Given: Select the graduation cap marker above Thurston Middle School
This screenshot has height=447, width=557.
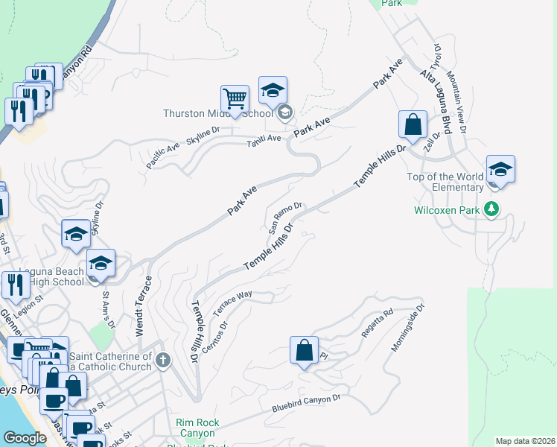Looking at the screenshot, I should click(273, 91).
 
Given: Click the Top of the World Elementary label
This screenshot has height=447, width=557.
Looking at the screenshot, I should click(445, 182).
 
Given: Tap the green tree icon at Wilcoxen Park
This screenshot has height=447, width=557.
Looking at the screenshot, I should click(491, 209).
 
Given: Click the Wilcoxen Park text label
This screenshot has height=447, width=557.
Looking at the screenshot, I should click(448, 209).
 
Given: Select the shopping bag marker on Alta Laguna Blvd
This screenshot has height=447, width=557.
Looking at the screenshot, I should click(412, 124).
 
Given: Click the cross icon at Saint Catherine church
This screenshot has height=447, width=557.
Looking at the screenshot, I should click(163, 361).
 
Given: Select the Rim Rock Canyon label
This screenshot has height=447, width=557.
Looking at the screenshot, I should click(197, 428).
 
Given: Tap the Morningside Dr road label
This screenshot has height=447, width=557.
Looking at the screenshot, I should click(407, 327).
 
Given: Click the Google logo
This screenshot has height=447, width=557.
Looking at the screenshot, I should click(25, 438).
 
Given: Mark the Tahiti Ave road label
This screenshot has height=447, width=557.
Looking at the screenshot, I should click(264, 139).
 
